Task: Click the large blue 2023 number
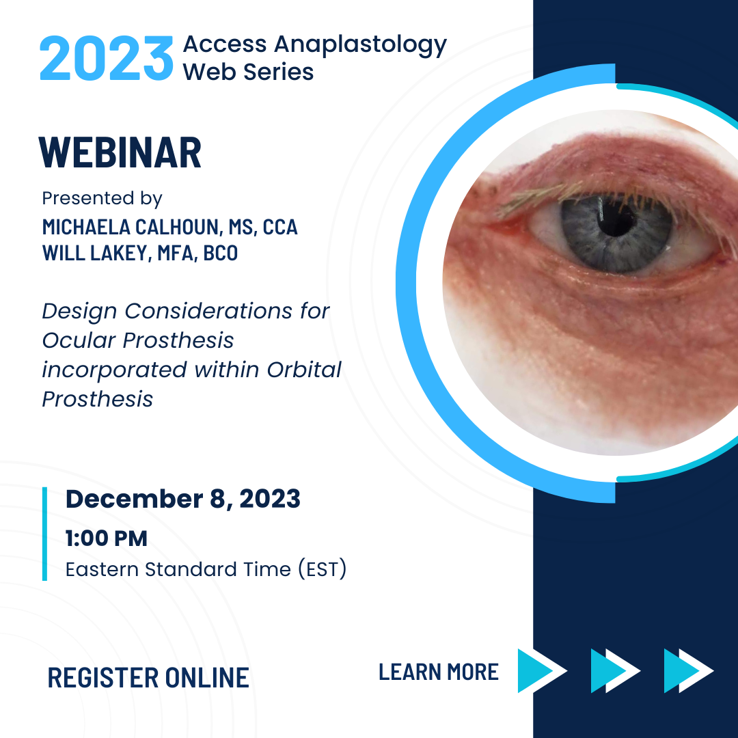tap(107, 58)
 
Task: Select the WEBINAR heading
tap(120, 152)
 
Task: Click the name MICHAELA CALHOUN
tap(131, 228)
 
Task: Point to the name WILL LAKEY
tap(96, 254)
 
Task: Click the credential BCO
tap(220, 254)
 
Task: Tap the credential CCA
tap(280, 228)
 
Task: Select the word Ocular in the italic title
tap(79, 340)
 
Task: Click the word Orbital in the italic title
tap(304, 370)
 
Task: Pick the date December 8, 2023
tap(182, 499)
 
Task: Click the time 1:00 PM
tap(107, 538)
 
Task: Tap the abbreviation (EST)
tap(323, 569)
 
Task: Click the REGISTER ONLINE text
tap(148, 678)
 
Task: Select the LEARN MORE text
tap(439, 672)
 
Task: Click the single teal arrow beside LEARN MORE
tap(541, 671)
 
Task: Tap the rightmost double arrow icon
tap(689, 671)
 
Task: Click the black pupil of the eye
tap(616, 220)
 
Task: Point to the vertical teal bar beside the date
tap(44, 534)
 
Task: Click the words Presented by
tap(102, 199)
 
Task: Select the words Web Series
tap(248, 72)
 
